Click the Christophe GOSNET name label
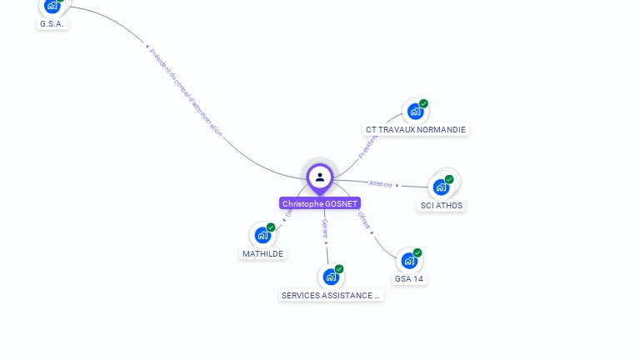pos(320,203)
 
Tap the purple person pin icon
pos(320,177)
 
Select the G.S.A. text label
pos(52,24)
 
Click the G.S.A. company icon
pos(52,5)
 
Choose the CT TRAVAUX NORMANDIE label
pos(416,129)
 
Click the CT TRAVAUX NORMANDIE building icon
pos(414,111)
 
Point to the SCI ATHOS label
pos(442,205)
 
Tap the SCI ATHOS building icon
pos(441,187)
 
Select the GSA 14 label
pos(409,278)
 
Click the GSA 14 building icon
pos(408,260)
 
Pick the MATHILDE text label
pos(263,253)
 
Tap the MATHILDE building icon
pos(262,235)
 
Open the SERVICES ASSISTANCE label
pos(331,295)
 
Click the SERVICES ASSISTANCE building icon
pos(331,277)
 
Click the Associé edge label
pos(381,183)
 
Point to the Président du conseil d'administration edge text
pos(186,92)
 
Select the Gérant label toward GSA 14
pos(364,220)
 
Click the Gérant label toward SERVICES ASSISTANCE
pos(325,229)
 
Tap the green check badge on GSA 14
pos(417,252)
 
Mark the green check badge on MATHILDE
pos(271,227)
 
